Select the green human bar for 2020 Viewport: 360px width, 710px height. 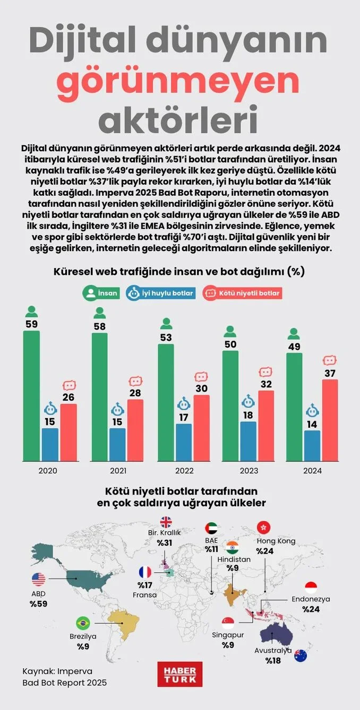point(31,395)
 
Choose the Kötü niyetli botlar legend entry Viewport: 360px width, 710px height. point(243,292)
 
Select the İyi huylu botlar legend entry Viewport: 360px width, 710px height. point(160,292)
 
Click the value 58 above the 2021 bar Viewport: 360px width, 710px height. point(99,326)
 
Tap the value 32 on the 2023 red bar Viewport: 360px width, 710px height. point(266,384)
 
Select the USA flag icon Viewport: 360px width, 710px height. point(39,579)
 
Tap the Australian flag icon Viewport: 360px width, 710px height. point(301,655)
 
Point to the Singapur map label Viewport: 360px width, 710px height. point(228,635)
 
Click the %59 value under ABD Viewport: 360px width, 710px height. point(39,604)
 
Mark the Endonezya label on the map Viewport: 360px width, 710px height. point(311,599)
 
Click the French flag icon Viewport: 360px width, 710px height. point(145,573)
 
